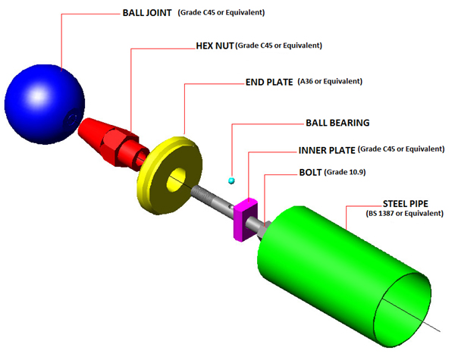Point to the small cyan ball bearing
coord(232,180)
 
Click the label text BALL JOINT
coord(148,14)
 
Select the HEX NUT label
coord(215,45)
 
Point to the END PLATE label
coord(269,81)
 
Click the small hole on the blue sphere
coord(71,117)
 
